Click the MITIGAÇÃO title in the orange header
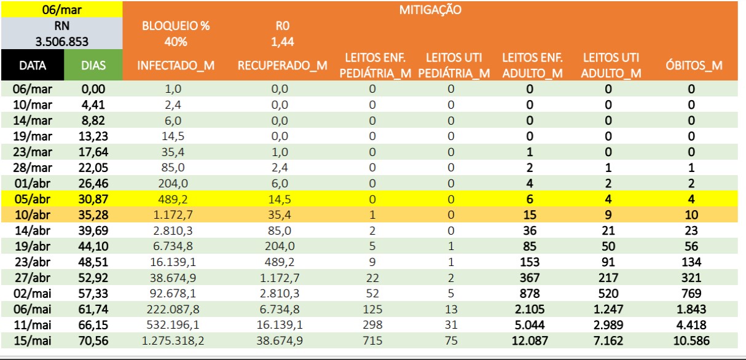tap(430, 10)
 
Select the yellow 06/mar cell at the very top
tap(62, 10)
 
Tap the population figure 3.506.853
tap(62, 42)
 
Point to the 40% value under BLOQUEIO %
tap(176, 42)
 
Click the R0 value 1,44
tap(283, 42)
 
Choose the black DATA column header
tap(33, 65)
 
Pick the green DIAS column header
tap(93, 65)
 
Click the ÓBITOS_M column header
tap(694, 65)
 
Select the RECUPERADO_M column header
tap(283, 65)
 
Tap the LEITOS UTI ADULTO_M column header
tap(611, 65)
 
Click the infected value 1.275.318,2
tap(173, 341)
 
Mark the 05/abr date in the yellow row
tap(33, 199)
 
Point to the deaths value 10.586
tap(691, 341)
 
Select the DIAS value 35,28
tap(93, 215)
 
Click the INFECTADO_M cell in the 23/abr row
tap(173, 262)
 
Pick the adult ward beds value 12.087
tap(530, 341)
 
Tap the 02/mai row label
tap(33, 294)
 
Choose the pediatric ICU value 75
tap(451, 341)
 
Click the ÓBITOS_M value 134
tap(691, 262)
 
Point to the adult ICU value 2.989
tap(608, 325)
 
